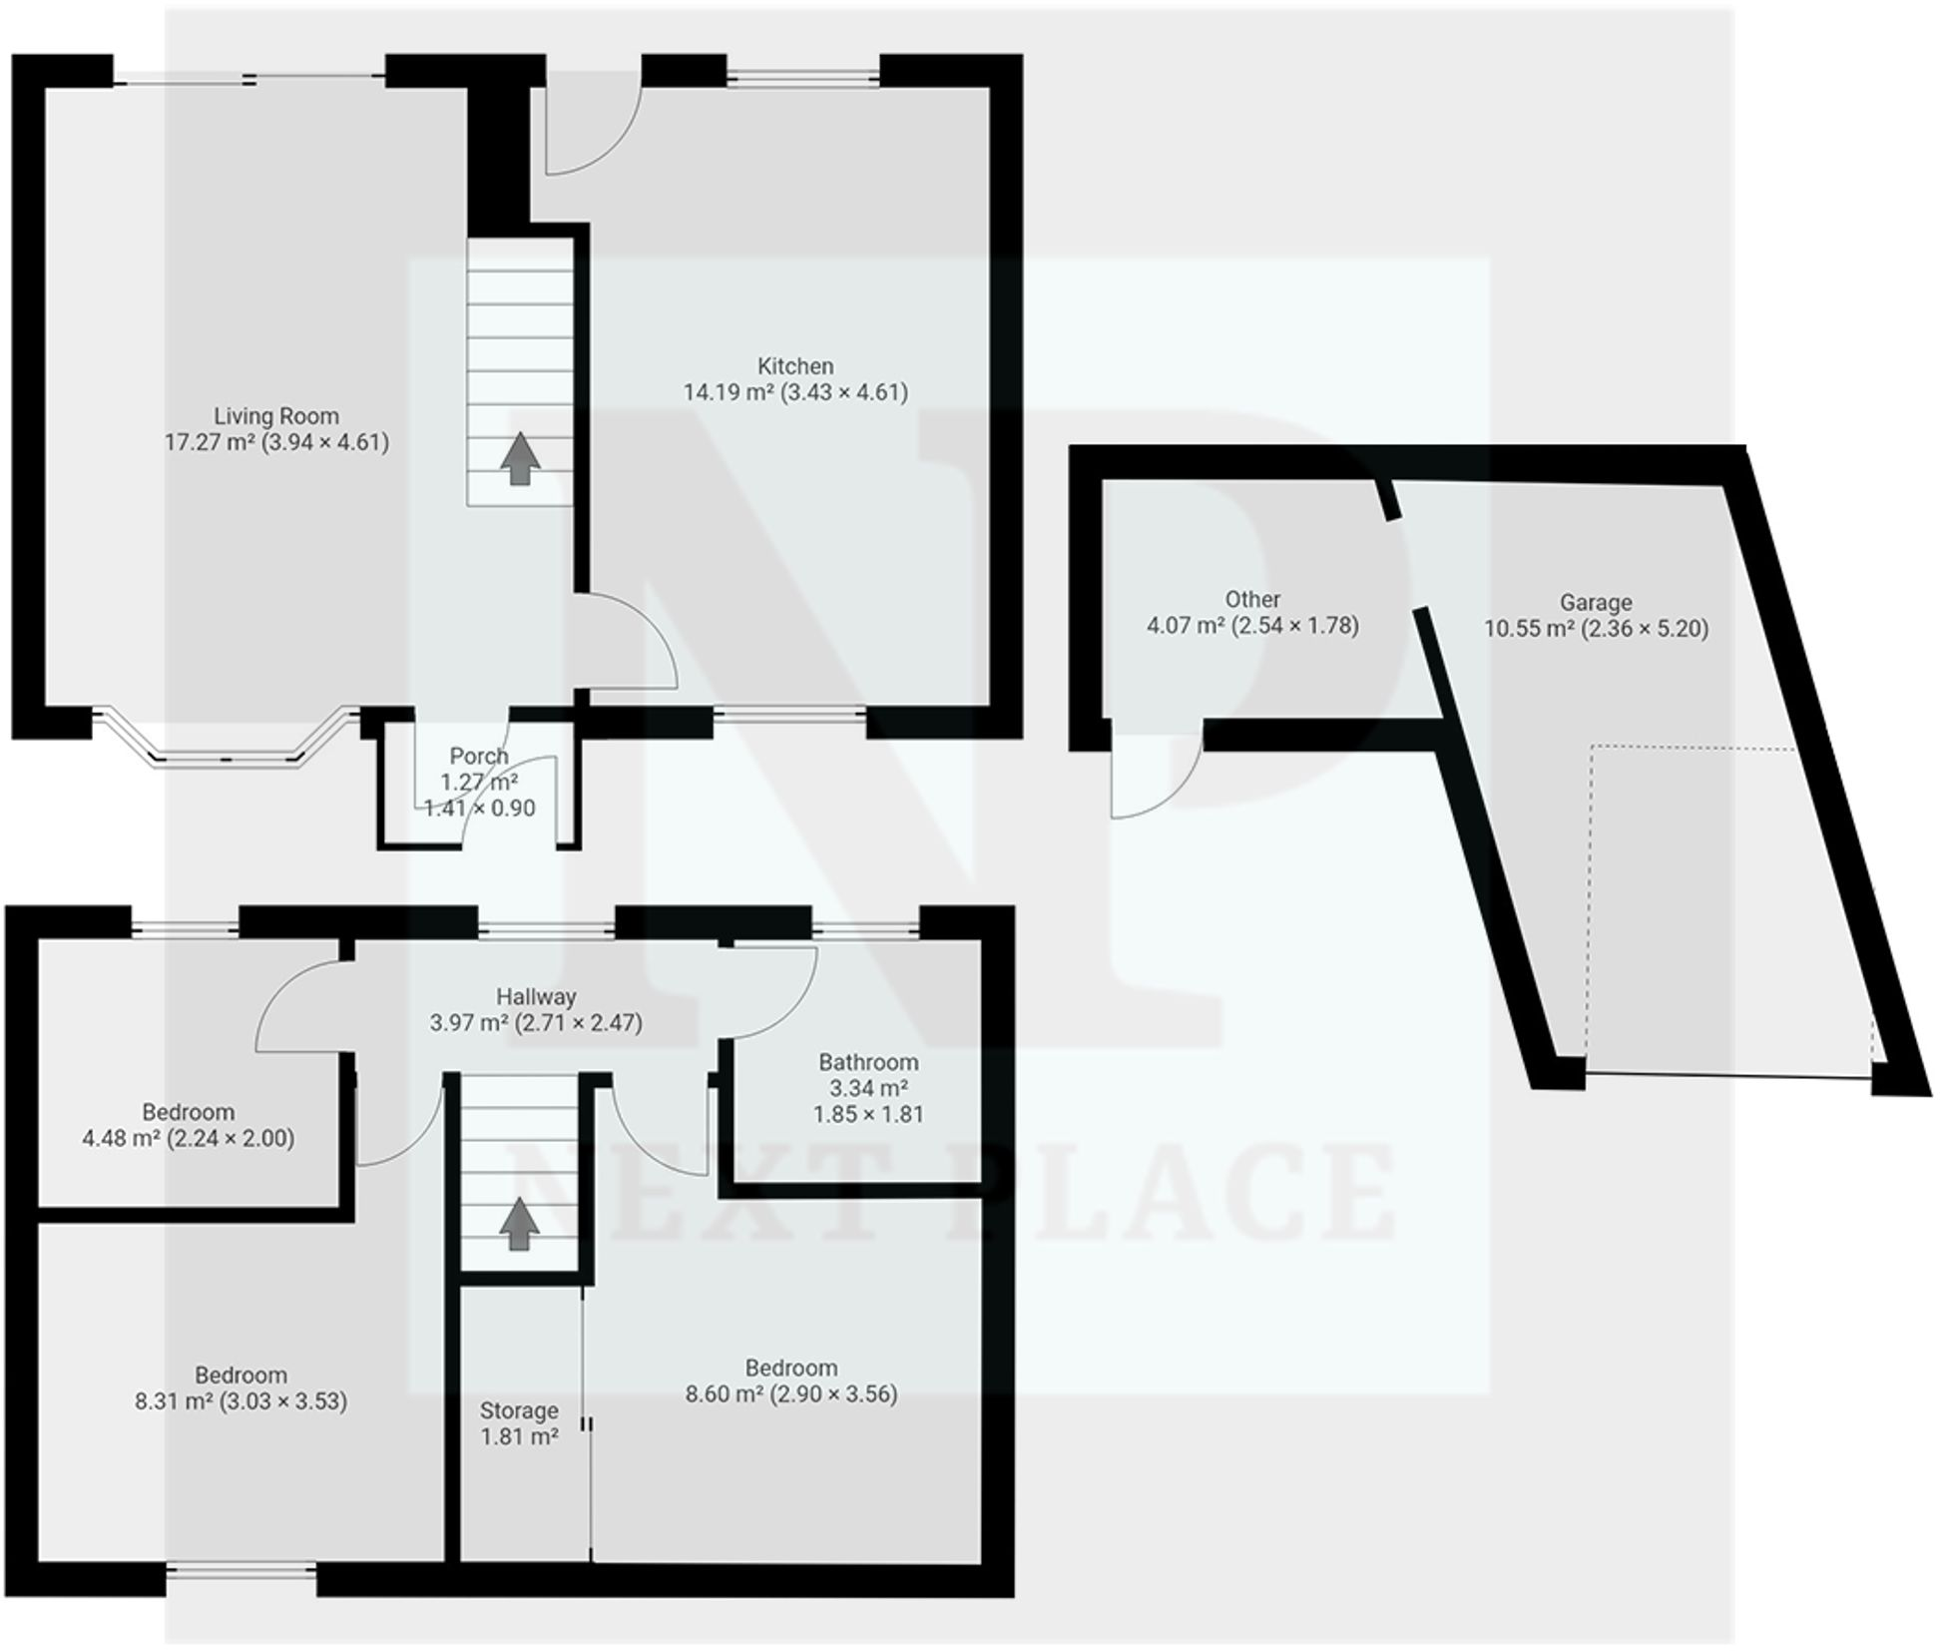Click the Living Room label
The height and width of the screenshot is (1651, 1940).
pos(276,415)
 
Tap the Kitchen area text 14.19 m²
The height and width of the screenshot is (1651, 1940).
pos(728,392)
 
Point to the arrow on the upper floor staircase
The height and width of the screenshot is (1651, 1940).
pos(518,1224)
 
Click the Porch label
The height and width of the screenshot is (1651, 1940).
pos(479,756)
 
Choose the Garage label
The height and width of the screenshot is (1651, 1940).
pos(1595,602)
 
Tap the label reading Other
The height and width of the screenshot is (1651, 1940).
pos(1251,599)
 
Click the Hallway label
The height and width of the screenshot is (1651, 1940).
pos(536,996)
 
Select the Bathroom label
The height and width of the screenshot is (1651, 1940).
pos(867,1062)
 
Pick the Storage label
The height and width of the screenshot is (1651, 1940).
pos(518,1410)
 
